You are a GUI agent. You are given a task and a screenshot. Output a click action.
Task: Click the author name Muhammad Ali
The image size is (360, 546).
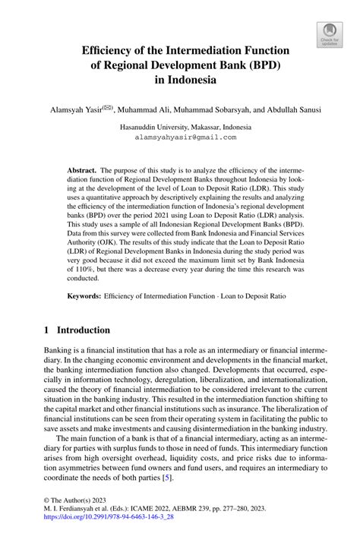tap(152, 109)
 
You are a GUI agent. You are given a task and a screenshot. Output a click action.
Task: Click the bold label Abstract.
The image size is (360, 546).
tap(83, 171)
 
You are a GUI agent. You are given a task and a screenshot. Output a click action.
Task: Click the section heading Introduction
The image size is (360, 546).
tap(79, 330)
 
